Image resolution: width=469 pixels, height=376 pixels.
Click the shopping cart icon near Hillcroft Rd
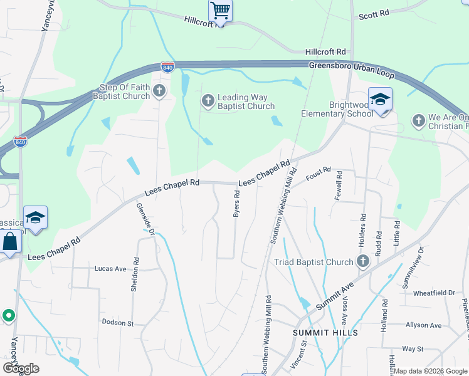pos(220,10)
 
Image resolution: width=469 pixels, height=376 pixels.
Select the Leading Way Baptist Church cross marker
pos(208,100)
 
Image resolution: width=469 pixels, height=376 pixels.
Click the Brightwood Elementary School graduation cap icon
pos(380,100)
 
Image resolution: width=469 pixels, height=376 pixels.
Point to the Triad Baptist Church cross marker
pos(362,261)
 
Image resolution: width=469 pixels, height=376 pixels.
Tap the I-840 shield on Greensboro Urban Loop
pos(167,66)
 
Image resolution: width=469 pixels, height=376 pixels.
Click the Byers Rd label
pos(237,204)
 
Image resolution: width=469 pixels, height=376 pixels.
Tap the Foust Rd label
pos(318,174)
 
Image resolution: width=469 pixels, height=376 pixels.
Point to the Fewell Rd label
pos(339,185)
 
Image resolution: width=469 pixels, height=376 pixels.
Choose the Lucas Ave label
pos(110,268)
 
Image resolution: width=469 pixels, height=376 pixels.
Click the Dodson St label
pos(118,322)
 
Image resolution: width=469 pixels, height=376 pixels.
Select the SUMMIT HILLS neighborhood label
pos(325,332)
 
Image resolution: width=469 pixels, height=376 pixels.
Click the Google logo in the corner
pos(21,368)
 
